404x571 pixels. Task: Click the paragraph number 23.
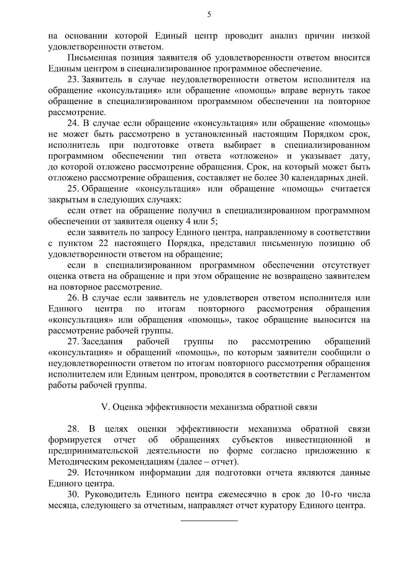pos(73,80)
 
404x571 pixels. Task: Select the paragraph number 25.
pos(73,189)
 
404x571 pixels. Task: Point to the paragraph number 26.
pos(73,298)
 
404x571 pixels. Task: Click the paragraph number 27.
pos(73,342)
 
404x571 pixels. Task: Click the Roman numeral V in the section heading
pos(104,407)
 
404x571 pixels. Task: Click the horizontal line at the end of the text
pos(209,521)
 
